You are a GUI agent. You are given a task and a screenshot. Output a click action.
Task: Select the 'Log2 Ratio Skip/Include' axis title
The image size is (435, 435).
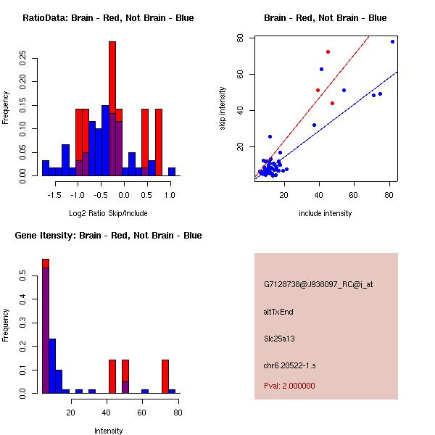pyautogui.click(x=108, y=213)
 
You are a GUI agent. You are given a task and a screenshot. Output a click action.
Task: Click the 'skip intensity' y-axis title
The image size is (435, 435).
pyautogui.click(x=223, y=109)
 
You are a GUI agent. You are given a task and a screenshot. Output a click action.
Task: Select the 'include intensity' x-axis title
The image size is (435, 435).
pyautogui.click(x=325, y=213)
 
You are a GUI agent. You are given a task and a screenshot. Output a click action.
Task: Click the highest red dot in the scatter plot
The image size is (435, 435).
pyautogui.click(x=328, y=51)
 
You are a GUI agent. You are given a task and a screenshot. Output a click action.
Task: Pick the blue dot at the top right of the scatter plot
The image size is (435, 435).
pyautogui.click(x=392, y=41)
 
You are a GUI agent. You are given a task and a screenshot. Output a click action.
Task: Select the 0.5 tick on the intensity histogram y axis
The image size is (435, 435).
pyautogui.click(x=27, y=276)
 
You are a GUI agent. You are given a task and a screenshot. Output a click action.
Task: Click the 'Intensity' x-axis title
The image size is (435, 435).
pyautogui.click(x=108, y=431)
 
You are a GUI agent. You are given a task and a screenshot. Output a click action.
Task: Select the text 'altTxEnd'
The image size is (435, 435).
pyautogui.click(x=278, y=312)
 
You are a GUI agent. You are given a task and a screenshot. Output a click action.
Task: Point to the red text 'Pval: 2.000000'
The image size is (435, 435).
pyautogui.click(x=289, y=386)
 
